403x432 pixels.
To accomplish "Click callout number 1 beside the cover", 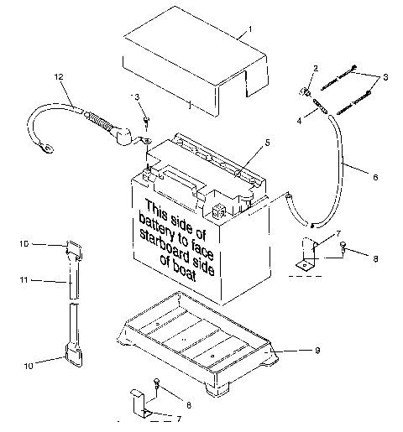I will tap(249, 29).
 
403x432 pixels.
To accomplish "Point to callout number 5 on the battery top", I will tap(268, 143).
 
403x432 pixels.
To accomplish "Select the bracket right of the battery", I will tap(307, 258).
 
